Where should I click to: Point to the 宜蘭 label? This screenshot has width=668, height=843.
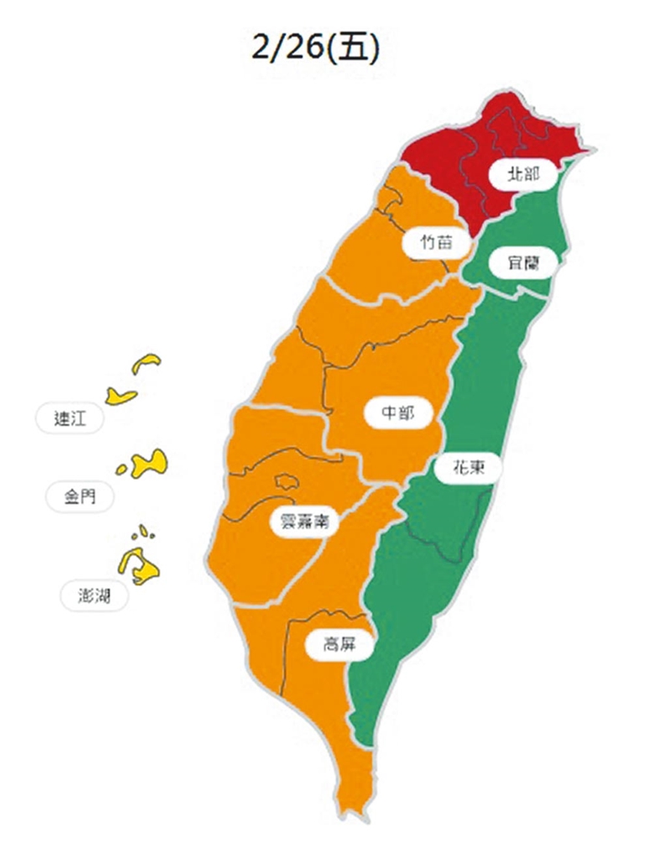coord(523,263)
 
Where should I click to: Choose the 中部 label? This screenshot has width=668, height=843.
coord(400,414)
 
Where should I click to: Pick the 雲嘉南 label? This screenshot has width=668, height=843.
coord(304,523)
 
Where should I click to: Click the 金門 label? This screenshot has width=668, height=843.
coord(80,496)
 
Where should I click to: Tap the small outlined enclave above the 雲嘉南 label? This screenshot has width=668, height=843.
coord(286,482)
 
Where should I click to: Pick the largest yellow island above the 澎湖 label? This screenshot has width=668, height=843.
coord(140,566)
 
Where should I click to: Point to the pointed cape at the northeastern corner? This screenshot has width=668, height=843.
coord(591,151)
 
